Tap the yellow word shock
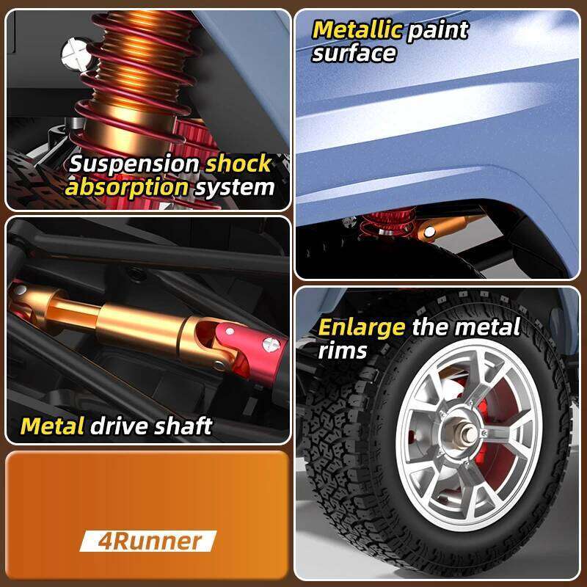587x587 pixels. pyautogui.click(x=238, y=164)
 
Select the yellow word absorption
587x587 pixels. pyautogui.click(x=127, y=187)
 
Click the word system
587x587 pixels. pyautogui.click(x=235, y=187)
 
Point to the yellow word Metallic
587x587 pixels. pyautogui.click(x=357, y=30)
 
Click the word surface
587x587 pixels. pyautogui.click(x=354, y=53)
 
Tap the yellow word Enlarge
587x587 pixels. pyautogui.click(x=361, y=327)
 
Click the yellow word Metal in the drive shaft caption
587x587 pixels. pyautogui.click(x=52, y=426)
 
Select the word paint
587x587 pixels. pyautogui.click(x=437, y=30)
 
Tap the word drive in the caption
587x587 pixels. pyautogui.click(x=119, y=426)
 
